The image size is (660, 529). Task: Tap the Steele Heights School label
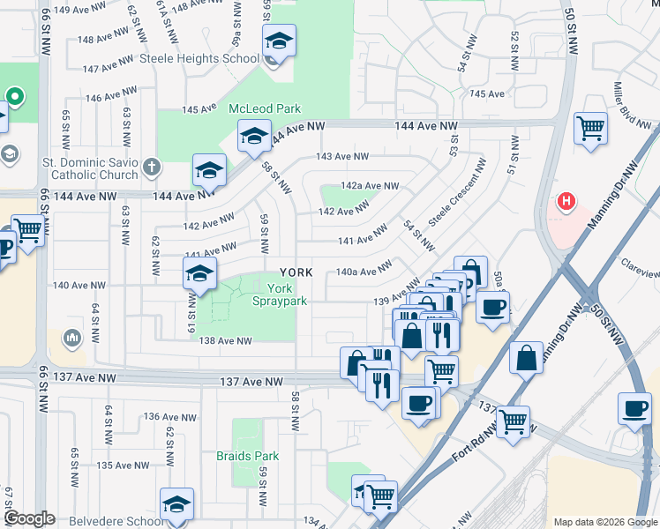pos(199,60)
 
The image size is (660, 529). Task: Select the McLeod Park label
pos(265,108)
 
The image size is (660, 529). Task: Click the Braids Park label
pos(247,456)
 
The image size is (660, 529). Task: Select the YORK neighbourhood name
pos(296,272)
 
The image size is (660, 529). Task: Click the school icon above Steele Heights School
pos(279,42)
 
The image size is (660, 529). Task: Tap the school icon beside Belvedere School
pos(176,505)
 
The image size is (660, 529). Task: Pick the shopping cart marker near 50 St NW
pos(590,127)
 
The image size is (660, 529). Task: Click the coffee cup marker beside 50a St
pos(492,307)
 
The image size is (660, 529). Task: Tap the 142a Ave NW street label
pos(371,186)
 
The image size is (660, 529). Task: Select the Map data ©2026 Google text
pos(604,522)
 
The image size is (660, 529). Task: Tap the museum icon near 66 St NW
pos(72,337)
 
